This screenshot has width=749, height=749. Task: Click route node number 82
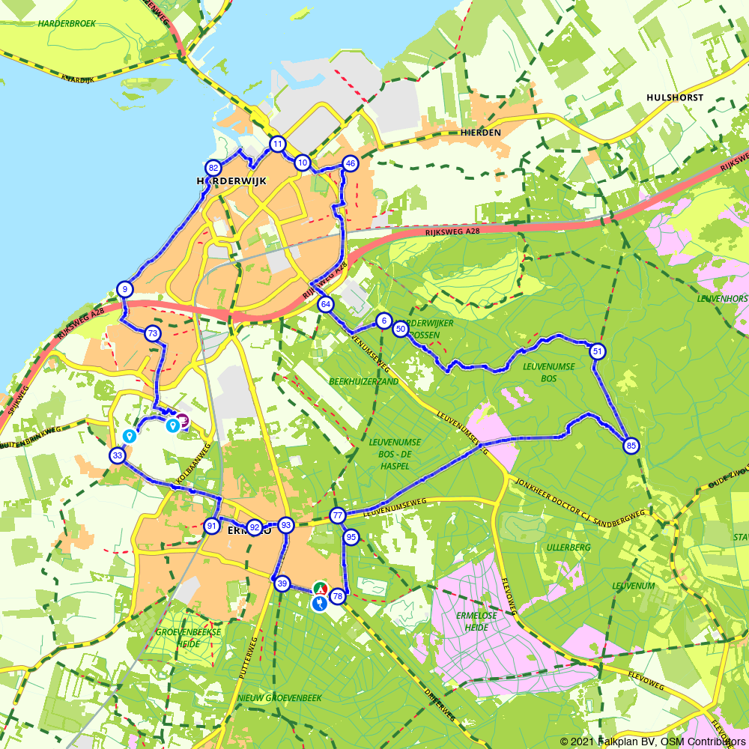[213, 169]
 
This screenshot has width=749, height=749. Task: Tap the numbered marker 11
[278, 144]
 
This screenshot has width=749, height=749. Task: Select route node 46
[350, 163]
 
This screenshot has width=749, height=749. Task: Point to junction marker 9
[125, 290]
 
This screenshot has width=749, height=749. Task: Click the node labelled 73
[153, 333]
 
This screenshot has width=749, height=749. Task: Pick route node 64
[325, 304]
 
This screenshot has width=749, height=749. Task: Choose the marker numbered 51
[597, 351]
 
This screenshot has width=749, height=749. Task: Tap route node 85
[631, 446]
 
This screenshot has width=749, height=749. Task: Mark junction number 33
[117, 455]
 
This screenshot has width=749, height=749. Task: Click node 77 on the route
[338, 515]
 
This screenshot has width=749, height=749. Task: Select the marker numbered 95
[351, 537]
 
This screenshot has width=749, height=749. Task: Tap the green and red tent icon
[320, 587]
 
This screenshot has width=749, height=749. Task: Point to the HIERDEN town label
[480, 132]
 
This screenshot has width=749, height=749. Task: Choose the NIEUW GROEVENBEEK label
[279, 697]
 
